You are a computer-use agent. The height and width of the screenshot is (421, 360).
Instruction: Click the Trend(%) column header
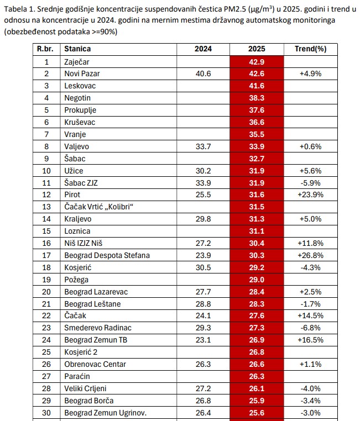point(310,49)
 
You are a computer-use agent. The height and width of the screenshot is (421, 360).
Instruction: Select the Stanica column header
point(77,49)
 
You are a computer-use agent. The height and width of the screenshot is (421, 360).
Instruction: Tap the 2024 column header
point(203,49)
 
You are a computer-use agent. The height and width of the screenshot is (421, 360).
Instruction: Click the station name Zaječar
point(77,61)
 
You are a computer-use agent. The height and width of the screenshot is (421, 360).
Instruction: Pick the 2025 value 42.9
point(257,61)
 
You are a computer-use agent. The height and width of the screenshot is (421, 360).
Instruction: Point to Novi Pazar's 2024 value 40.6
point(203,73)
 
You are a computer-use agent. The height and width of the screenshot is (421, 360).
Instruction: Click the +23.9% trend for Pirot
point(310,194)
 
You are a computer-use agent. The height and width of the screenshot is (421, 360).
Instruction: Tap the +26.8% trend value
point(310,255)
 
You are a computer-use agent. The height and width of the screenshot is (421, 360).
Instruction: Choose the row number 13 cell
point(46,207)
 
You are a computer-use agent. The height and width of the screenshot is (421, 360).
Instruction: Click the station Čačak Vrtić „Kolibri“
point(100,207)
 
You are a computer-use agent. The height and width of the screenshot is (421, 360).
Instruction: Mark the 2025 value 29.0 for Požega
point(257,280)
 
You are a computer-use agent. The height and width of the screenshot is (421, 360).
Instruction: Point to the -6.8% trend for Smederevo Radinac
point(310,328)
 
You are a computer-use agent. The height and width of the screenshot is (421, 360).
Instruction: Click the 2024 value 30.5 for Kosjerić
point(203,267)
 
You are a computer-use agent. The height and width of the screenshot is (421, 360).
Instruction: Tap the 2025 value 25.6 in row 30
point(257,413)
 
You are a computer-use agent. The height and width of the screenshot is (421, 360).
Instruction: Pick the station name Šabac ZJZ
point(81,182)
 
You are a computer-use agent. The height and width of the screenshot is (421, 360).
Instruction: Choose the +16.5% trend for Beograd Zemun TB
point(310,340)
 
